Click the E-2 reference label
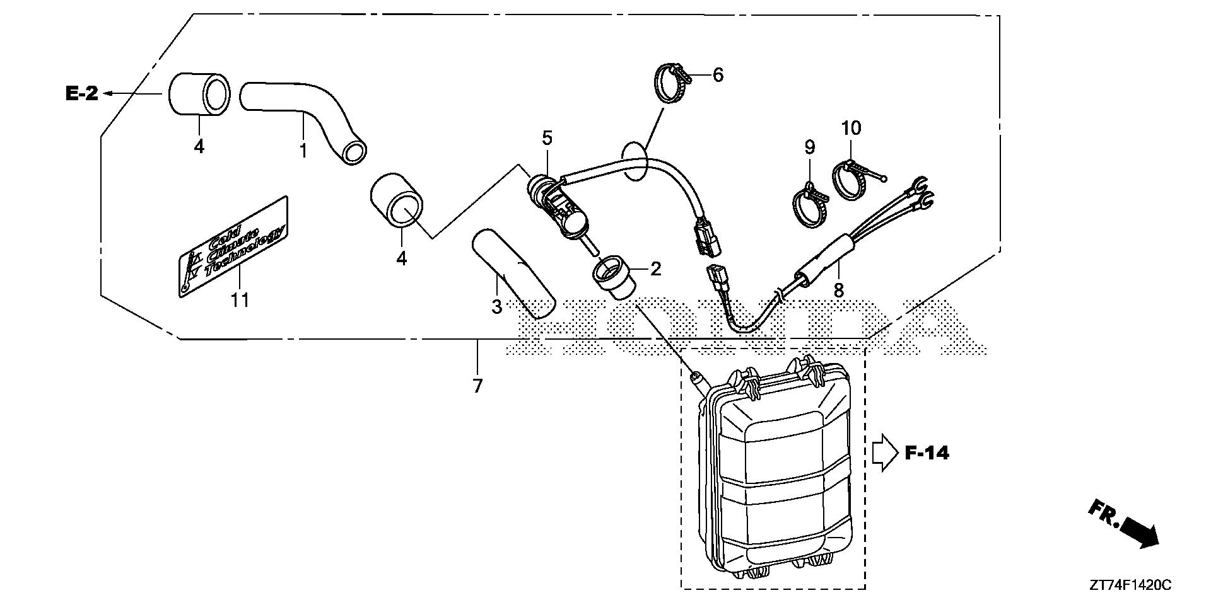pos(82,94)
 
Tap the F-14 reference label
pos(927,452)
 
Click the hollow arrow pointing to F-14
pos(884,452)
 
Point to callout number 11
pos(240,300)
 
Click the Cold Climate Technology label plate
pos(233,246)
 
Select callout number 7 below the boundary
pos(477,386)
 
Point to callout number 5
pos(546,137)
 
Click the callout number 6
pos(717,75)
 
